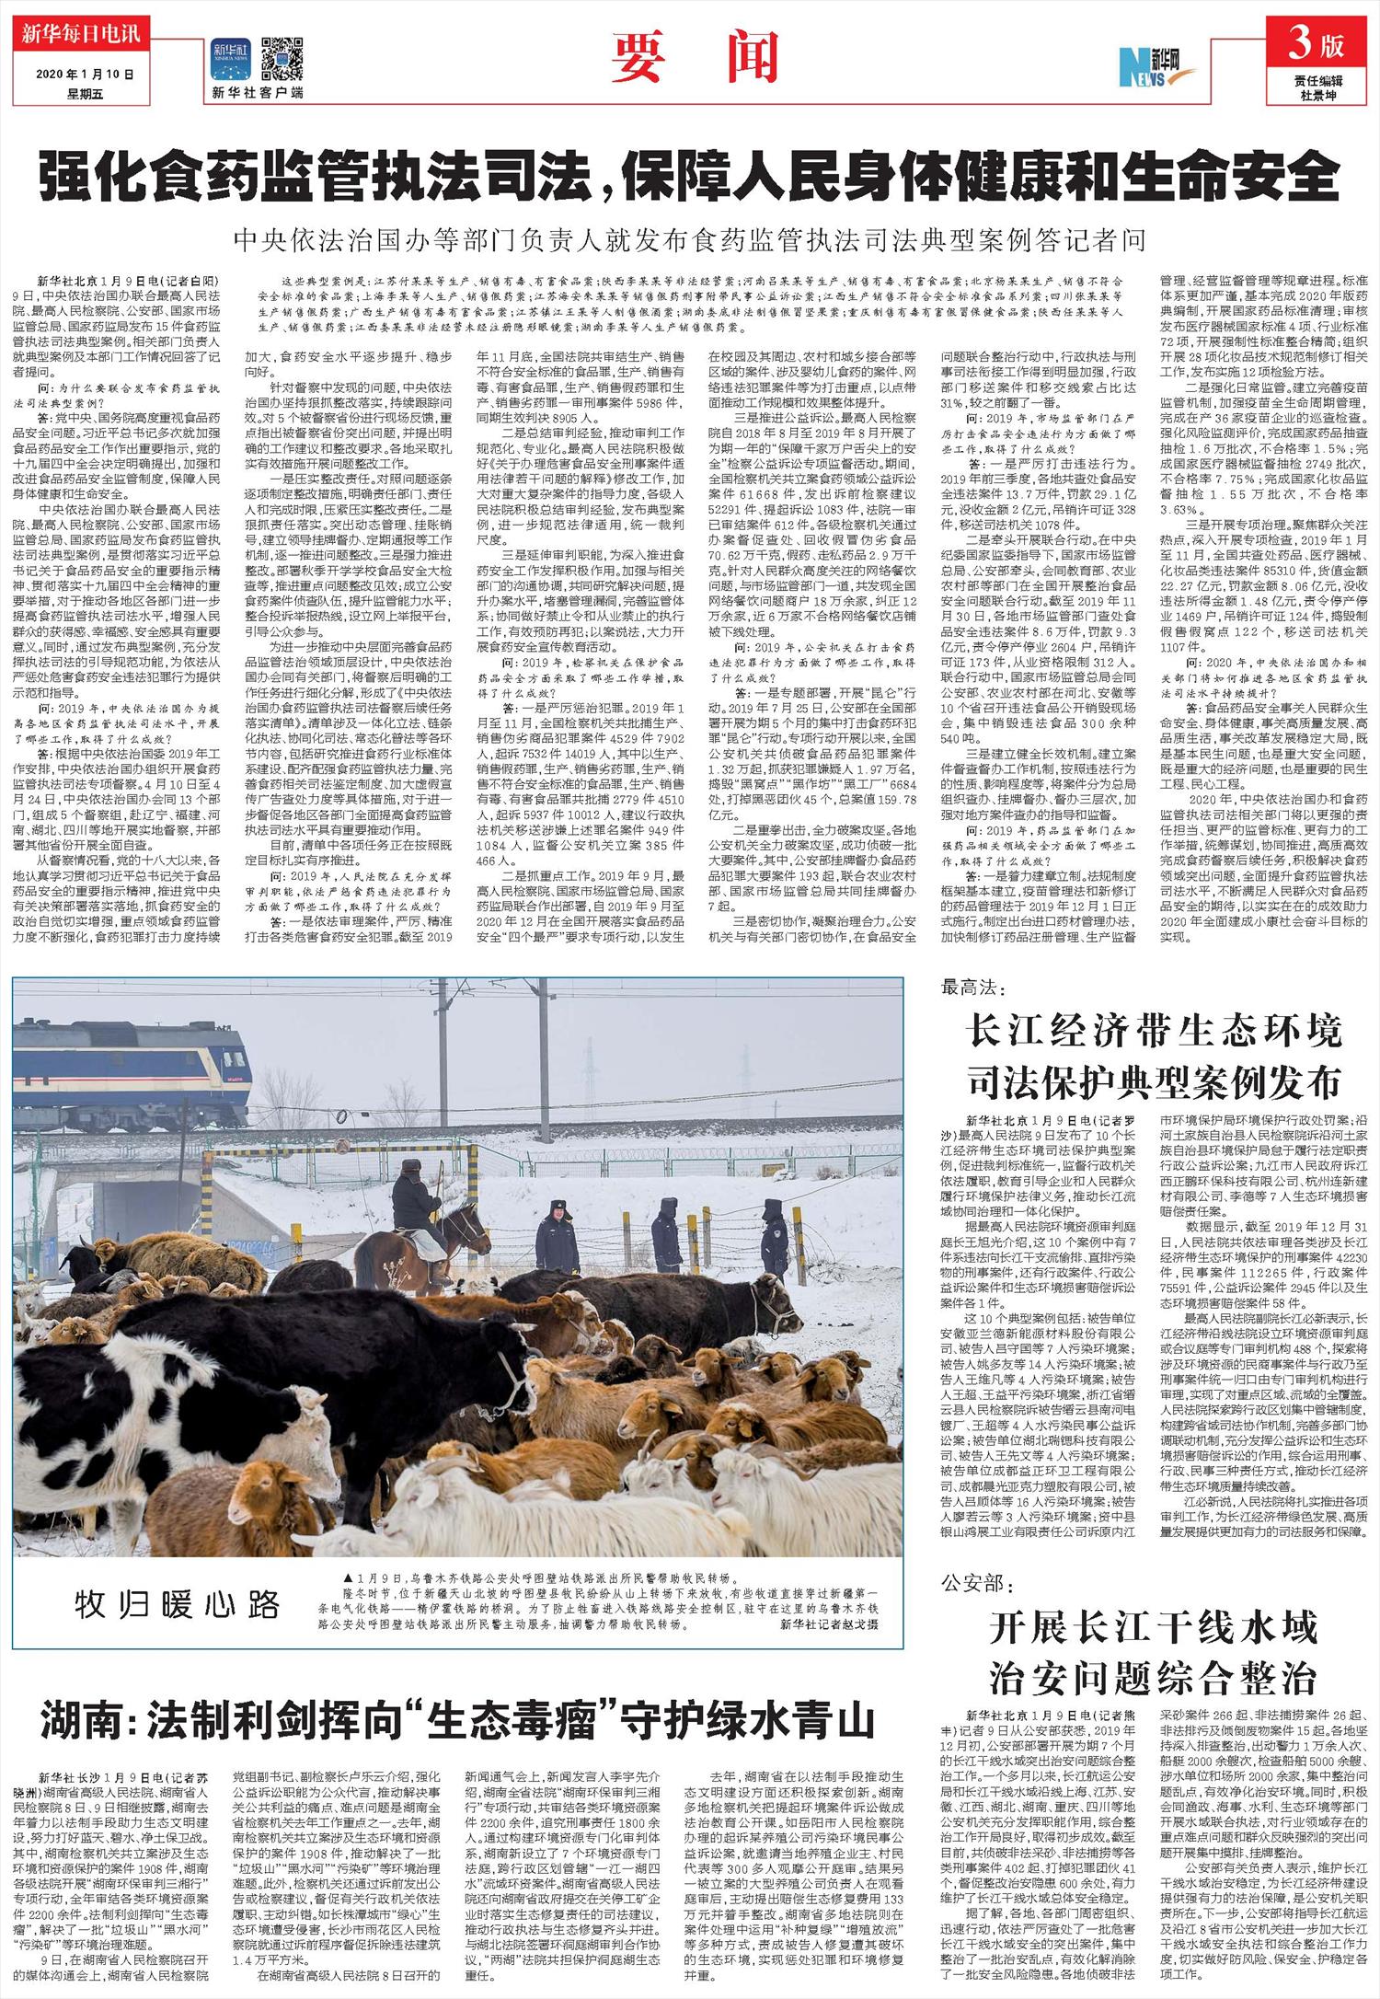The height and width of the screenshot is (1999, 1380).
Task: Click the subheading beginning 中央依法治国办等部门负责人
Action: [690, 241]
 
